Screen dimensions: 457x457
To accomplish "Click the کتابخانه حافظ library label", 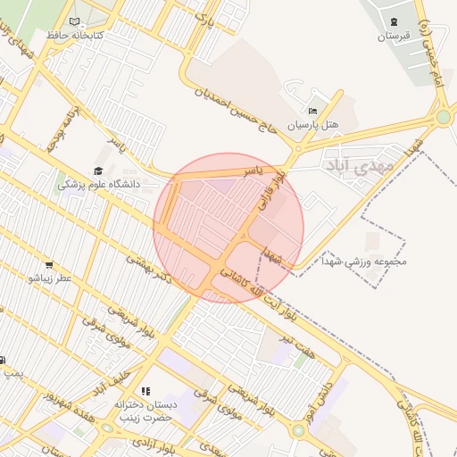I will point(76,35).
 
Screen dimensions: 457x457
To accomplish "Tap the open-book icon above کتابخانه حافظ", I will point(74,21).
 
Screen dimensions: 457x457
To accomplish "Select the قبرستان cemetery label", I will point(393,37).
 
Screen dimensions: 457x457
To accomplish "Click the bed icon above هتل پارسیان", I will point(312,111).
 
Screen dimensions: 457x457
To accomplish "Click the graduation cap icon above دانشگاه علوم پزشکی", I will point(97,170).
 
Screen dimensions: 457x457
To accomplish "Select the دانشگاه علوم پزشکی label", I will point(99,185).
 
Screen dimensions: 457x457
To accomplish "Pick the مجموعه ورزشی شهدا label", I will point(368,262).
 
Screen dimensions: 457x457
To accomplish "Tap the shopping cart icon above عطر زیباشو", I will point(49,264).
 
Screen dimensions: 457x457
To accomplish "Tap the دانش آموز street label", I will point(332,378).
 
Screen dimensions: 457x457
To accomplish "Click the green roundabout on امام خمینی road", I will point(444,116).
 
